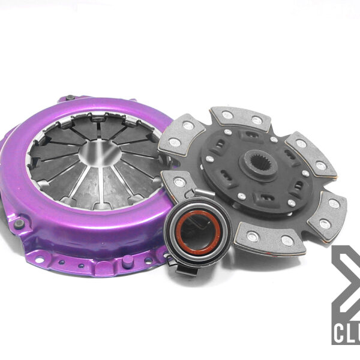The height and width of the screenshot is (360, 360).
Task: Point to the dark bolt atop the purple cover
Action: click(70, 97)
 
